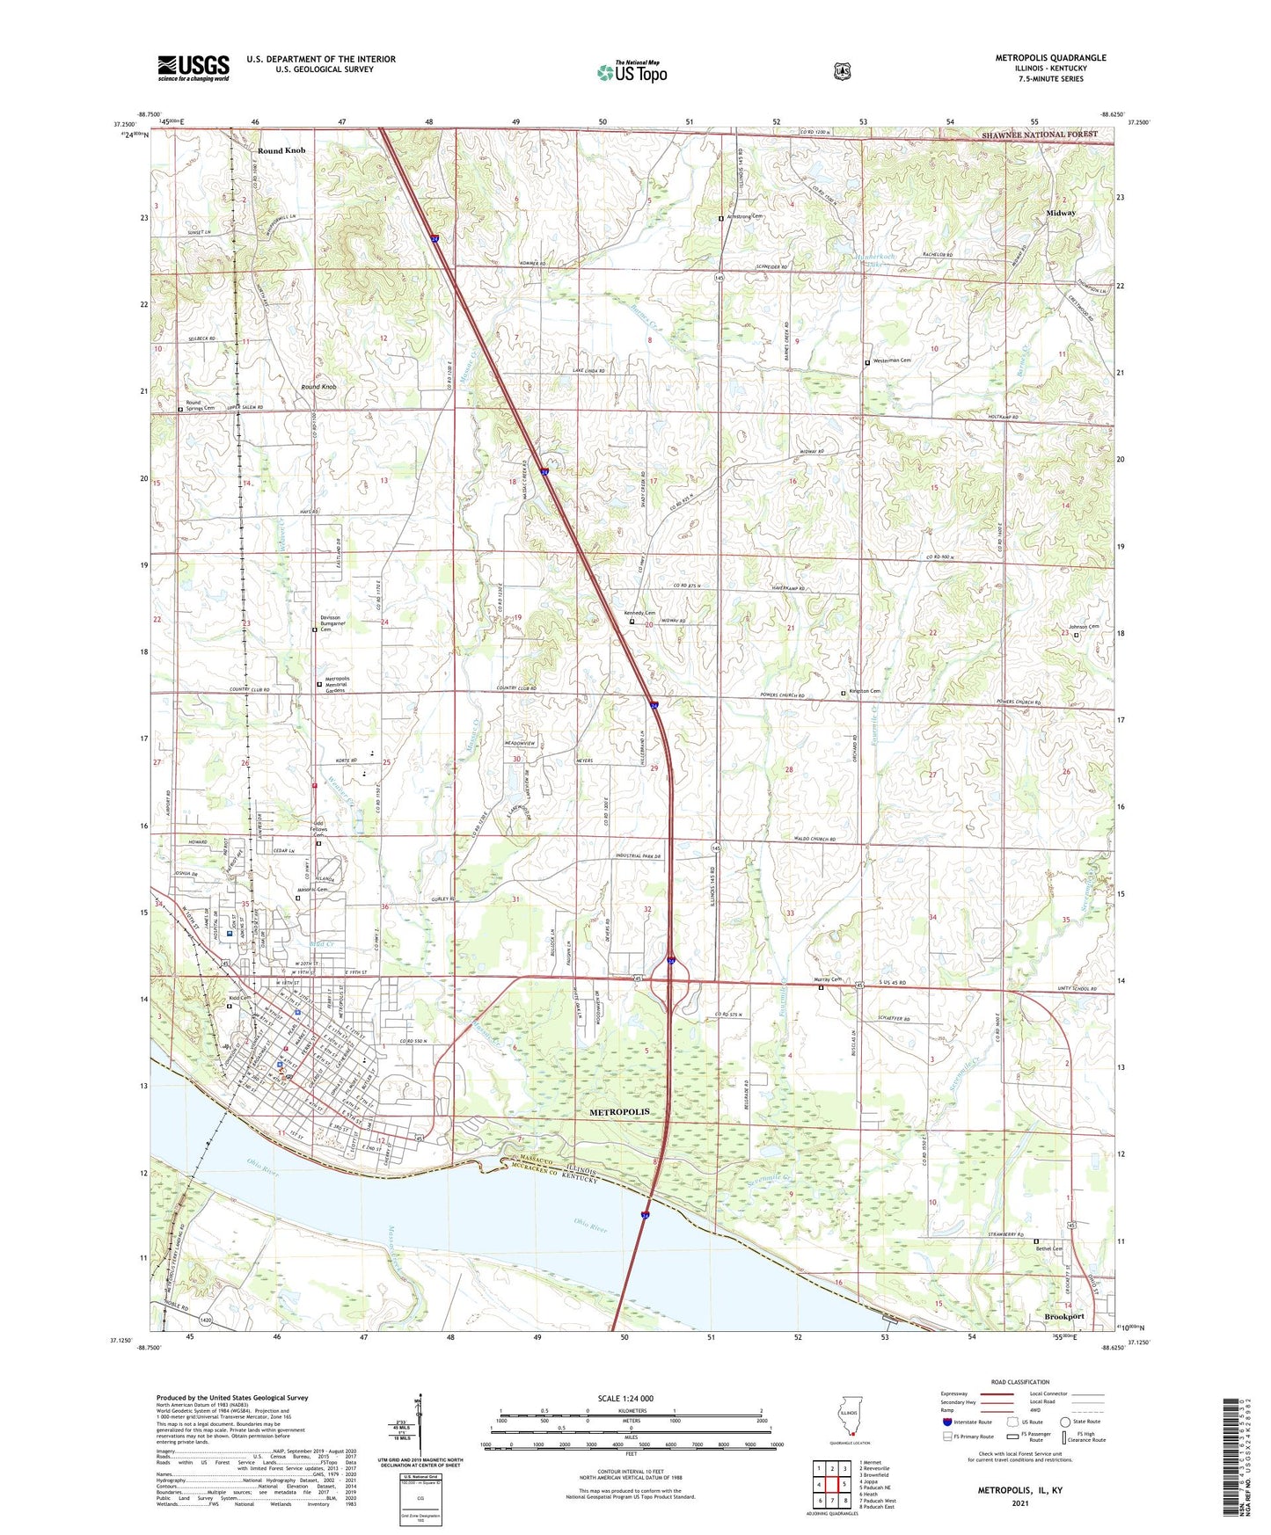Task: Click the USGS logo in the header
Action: [x=194, y=68]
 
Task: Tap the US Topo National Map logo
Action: [x=632, y=71]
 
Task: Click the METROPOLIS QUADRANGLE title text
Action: [x=1050, y=58]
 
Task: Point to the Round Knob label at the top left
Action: [x=281, y=150]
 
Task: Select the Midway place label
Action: [x=1061, y=213]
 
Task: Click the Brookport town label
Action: [x=1063, y=1316]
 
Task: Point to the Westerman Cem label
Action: [x=891, y=360]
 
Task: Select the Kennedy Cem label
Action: [x=639, y=613]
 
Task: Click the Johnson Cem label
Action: [x=1083, y=626]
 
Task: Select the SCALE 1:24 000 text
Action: [x=625, y=1399]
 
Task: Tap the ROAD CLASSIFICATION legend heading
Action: [x=1019, y=1383]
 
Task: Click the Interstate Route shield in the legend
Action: [x=947, y=1422]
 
